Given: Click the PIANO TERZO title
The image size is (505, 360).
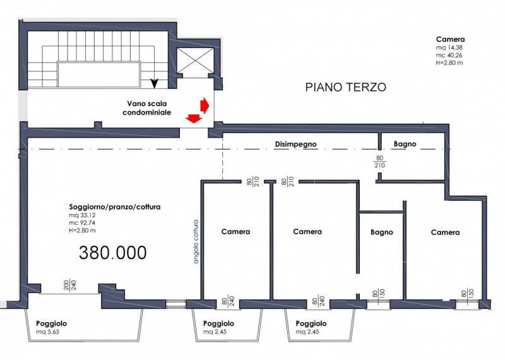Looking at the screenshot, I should (345, 87).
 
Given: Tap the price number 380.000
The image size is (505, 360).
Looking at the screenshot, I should (113, 253).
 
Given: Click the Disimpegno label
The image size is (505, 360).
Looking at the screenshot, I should (295, 144).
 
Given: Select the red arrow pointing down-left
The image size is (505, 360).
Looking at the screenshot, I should (193, 117).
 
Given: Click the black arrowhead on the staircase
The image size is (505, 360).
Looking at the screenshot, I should (154, 83).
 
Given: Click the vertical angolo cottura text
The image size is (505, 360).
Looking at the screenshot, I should (196, 246).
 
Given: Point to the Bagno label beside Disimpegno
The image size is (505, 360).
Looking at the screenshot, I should (405, 144).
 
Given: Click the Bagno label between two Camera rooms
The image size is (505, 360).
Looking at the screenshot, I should (381, 232).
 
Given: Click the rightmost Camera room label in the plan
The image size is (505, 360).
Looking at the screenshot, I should (445, 232).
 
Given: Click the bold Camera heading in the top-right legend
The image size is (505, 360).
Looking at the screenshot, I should (450, 39).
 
